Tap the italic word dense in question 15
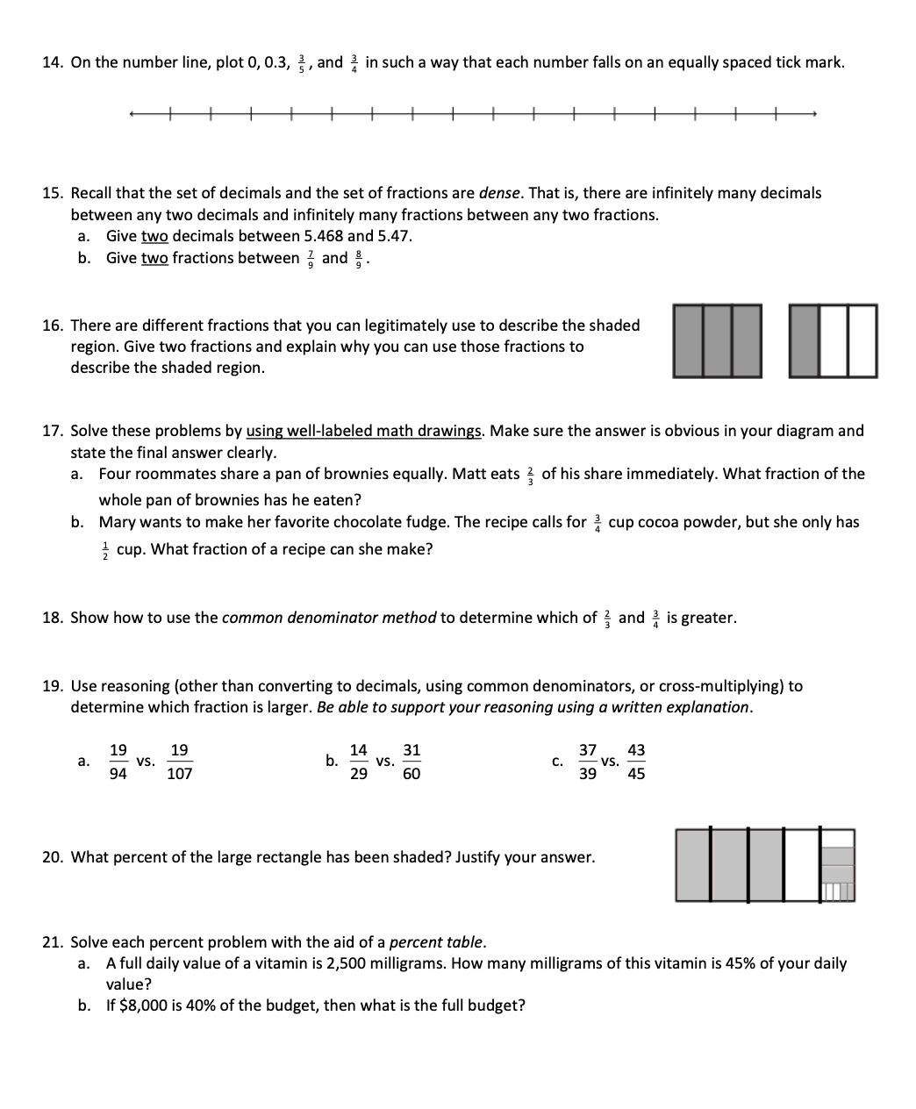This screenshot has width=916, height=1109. (x=499, y=193)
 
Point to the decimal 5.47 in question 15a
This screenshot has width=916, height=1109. (x=394, y=236)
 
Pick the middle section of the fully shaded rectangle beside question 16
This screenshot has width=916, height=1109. (x=718, y=340)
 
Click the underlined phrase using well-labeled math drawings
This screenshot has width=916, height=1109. (x=364, y=431)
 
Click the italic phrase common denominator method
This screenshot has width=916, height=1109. (x=328, y=618)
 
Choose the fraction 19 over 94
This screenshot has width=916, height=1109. (x=118, y=762)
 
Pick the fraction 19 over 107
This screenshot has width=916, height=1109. (x=179, y=762)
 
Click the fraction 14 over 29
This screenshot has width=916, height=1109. (x=358, y=762)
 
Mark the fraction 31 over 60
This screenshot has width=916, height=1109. (x=411, y=762)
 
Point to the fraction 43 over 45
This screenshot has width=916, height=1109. (x=636, y=762)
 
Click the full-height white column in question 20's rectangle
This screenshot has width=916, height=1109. (x=802, y=865)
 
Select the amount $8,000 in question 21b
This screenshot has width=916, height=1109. (x=144, y=1005)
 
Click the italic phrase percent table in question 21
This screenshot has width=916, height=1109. (x=435, y=942)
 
